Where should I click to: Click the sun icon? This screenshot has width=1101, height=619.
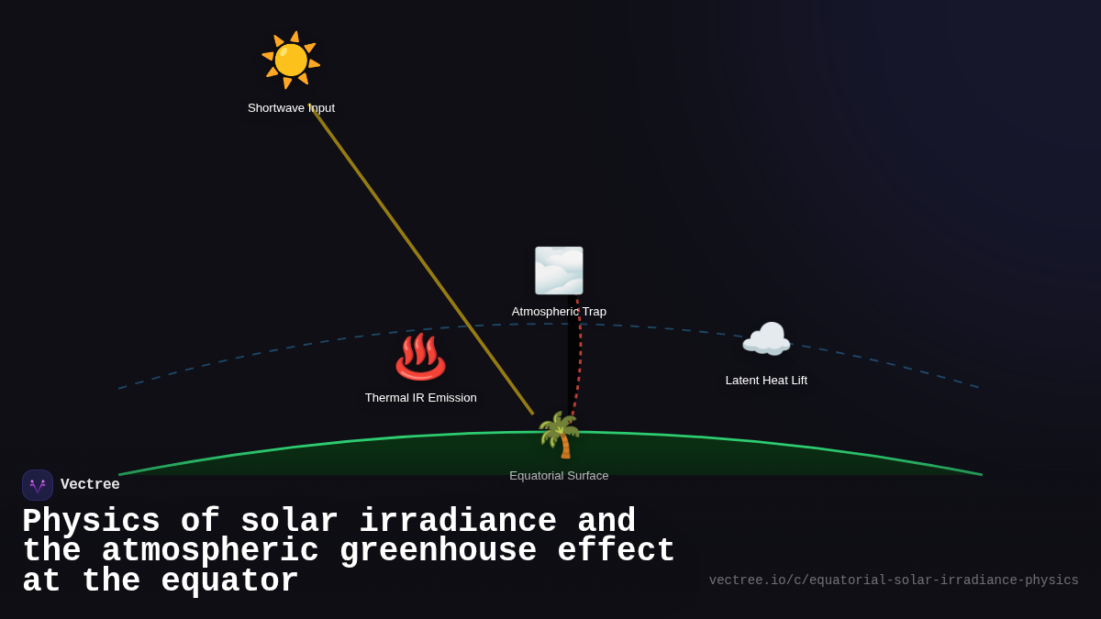coord(291,61)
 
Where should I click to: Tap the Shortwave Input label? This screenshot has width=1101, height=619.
coord(291,108)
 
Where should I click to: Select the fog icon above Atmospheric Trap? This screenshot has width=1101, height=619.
coord(559,271)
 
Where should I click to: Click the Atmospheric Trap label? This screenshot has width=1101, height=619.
coord(559,312)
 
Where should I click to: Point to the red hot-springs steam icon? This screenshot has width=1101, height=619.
coord(420,357)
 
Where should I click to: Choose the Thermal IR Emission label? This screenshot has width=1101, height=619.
coord(420,398)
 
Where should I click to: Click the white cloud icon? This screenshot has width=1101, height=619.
coord(766,340)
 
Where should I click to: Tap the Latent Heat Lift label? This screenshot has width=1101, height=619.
coord(766,381)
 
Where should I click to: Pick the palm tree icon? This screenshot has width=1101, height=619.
coord(559,435)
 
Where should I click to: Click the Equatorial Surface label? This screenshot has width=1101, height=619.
coord(559,476)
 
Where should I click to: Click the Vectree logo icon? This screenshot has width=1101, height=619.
coord(38,485)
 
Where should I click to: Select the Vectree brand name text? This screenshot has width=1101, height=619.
coord(90,485)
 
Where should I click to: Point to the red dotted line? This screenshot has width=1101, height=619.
coord(579,358)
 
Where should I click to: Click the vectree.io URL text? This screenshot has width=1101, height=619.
coord(894,580)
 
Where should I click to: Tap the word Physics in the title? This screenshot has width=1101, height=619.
coord(91,522)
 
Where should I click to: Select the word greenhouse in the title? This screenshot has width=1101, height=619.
coord(439,551)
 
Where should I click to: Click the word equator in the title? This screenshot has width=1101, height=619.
coord(229,581)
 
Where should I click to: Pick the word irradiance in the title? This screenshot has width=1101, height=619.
coord(458,522)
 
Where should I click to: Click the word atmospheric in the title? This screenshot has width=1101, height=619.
coord(210,551)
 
